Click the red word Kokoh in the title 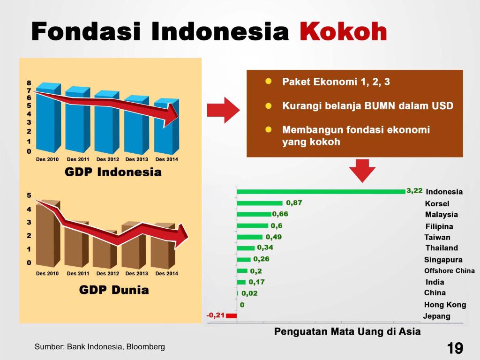(x=343, y=31)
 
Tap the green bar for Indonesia (x=321, y=192)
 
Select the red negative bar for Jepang (x=231, y=315)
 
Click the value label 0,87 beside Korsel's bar (x=294, y=202)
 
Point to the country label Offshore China (x=449, y=270)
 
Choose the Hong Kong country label (x=445, y=305)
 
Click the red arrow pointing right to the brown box (x=223, y=110)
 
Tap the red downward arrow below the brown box (x=362, y=171)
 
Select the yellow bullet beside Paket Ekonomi (x=269, y=82)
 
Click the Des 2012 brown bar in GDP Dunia (x=105, y=249)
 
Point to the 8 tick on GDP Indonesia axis (x=29, y=83)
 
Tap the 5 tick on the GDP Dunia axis (x=29, y=195)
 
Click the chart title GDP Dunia (x=114, y=290)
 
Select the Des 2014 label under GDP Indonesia (x=166, y=159)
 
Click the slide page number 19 (x=455, y=348)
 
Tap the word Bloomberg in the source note (x=146, y=346)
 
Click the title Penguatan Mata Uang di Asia (x=347, y=331)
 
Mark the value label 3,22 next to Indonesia (x=414, y=191)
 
